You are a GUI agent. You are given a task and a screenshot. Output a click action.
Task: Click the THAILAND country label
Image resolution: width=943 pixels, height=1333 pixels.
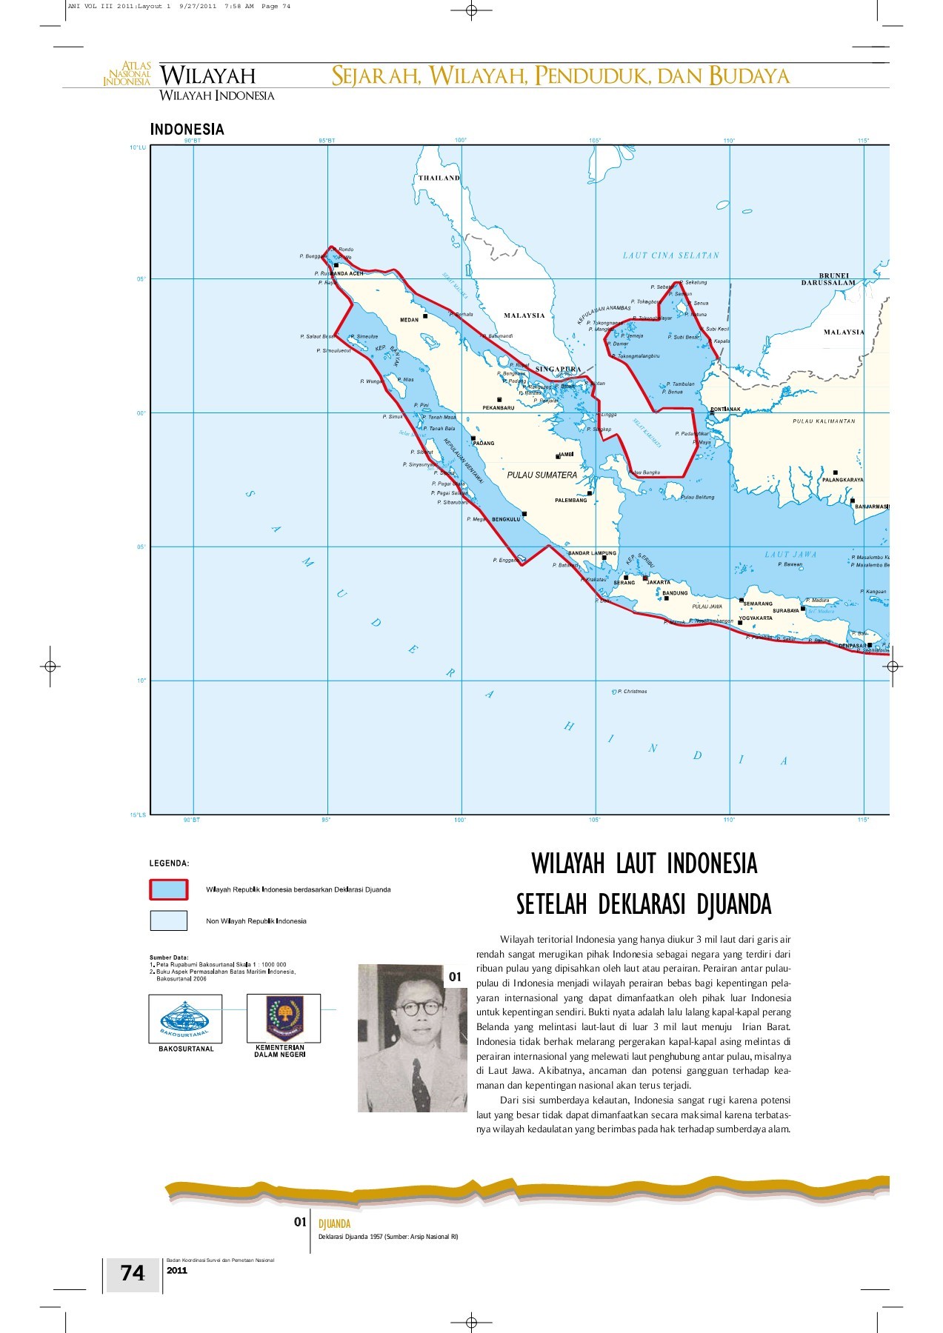click(439, 178)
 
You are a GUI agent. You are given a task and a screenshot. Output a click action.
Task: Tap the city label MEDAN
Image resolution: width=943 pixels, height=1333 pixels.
click(409, 320)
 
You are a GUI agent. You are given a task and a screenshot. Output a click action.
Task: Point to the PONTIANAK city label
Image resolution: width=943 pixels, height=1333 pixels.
click(726, 410)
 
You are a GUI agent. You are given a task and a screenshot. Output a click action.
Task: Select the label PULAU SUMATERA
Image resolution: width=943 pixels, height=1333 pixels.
click(542, 475)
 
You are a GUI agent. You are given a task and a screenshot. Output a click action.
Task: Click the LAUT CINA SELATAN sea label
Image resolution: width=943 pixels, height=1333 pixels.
click(670, 255)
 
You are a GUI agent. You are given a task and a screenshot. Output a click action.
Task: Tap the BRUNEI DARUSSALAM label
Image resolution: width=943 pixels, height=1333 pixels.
click(828, 279)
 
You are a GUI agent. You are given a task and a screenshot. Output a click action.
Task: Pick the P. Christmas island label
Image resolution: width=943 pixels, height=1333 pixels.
click(632, 692)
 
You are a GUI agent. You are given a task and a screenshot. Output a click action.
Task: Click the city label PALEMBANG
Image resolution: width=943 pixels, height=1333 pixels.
click(570, 501)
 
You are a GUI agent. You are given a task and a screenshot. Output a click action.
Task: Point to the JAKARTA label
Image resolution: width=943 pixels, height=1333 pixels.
click(659, 582)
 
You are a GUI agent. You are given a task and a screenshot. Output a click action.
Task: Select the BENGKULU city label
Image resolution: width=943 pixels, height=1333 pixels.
click(506, 519)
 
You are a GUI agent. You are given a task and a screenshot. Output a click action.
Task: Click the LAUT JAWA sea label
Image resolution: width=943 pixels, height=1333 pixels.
click(790, 554)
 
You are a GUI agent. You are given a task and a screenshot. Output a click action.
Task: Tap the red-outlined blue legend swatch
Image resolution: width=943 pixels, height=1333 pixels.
click(169, 889)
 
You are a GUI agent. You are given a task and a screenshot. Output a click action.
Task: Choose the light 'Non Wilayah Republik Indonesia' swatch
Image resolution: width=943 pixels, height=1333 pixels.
click(169, 921)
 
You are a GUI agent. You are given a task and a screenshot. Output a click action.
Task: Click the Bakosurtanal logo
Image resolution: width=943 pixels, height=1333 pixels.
click(185, 1019)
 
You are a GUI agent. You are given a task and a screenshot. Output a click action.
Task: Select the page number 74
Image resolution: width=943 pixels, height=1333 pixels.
click(133, 1273)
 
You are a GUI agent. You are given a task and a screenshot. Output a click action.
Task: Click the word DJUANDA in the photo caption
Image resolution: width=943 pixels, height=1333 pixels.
click(334, 1224)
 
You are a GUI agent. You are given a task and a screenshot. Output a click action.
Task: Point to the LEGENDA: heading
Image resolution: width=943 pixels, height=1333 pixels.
click(169, 863)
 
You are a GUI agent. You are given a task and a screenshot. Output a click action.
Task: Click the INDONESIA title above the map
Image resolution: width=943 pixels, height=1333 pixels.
click(187, 130)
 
